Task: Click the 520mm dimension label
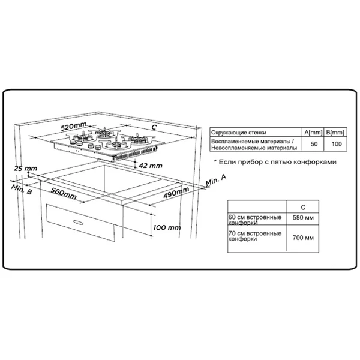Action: pyautogui.click(x=73, y=126)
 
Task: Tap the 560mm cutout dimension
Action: pyautogui.click(x=64, y=193)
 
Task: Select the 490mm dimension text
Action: pyautogui.click(x=176, y=193)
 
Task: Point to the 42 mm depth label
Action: pyautogui.click(x=151, y=166)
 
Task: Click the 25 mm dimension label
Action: pyautogui.click(x=25, y=169)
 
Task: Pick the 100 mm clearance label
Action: pyautogui.click(x=167, y=227)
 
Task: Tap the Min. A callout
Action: pyautogui.click(x=216, y=179)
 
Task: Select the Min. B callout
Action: pyautogui.click(x=22, y=189)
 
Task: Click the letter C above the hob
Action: pyautogui.click(x=154, y=127)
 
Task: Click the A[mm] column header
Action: pyautogui.click(x=313, y=133)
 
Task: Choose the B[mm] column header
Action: pyautogui.click(x=335, y=133)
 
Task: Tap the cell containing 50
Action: pyautogui.click(x=314, y=144)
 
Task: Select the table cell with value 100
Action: pyautogui.click(x=337, y=144)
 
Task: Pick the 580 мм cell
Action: pyautogui.click(x=303, y=217)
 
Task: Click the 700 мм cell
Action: pyautogui.click(x=303, y=238)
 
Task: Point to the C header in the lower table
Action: pyautogui.click(x=303, y=208)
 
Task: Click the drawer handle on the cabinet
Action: pyautogui.click(x=78, y=222)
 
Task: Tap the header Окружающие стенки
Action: pyautogui.click(x=239, y=133)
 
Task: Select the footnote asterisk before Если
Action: pyautogui.click(x=215, y=161)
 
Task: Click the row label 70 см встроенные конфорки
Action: pyautogui.click(x=255, y=236)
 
